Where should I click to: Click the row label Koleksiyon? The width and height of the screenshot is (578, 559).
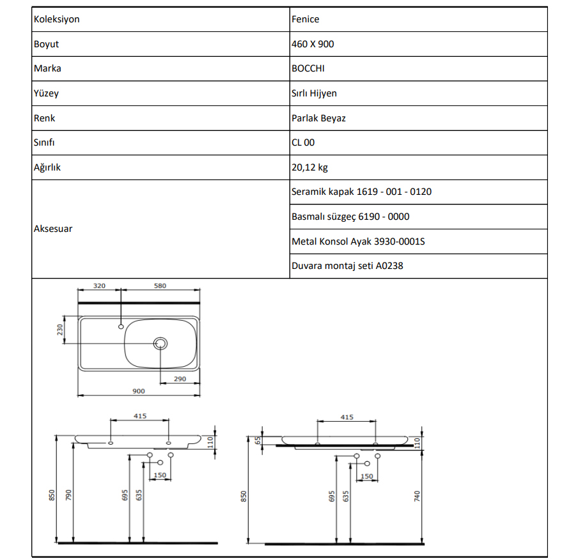(56, 19)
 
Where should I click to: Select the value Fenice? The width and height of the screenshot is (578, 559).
(305, 19)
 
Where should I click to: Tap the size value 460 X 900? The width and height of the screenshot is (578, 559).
(313, 44)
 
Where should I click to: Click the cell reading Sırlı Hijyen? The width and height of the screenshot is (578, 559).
(314, 93)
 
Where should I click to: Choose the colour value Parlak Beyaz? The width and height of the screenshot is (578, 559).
(318, 118)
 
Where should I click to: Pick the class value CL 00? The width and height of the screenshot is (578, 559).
(303, 142)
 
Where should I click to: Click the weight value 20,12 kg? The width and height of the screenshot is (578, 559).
(309, 167)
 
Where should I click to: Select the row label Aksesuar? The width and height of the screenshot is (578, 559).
(52, 229)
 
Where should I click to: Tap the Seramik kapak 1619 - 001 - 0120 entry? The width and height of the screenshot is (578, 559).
(361, 192)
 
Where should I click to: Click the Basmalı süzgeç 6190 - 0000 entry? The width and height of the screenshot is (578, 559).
(350, 217)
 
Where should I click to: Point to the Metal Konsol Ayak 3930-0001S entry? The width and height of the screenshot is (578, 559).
(358, 241)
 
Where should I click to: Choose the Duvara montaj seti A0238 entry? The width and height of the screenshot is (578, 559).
(347, 266)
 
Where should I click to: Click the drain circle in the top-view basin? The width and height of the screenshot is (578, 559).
(160, 344)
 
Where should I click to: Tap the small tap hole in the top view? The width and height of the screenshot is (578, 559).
(120, 326)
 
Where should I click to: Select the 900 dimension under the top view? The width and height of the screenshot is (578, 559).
(138, 391)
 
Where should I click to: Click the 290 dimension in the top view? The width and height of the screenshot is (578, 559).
(179, 379)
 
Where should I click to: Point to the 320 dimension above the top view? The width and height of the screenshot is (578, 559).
(99, 286)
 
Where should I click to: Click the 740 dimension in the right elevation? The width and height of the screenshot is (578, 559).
(417, 495)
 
